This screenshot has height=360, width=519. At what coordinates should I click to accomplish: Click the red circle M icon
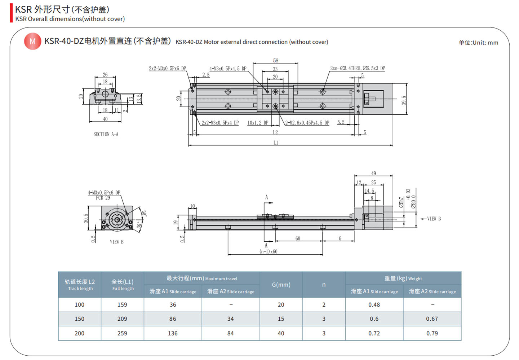[32, 41]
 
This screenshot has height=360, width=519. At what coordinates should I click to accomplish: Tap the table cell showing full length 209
[122, 319]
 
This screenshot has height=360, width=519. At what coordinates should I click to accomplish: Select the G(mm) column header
[281, 285]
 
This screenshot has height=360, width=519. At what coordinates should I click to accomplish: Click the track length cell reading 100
[79, 305]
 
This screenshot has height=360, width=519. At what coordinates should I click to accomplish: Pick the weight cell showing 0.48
[374, 305]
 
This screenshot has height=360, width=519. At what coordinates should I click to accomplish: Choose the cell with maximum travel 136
[173, 333]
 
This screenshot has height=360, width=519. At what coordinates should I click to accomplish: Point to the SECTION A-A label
[106, 134]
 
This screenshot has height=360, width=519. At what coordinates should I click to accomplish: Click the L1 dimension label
[276, 143]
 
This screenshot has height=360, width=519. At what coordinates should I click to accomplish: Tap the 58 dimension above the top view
[276, 60]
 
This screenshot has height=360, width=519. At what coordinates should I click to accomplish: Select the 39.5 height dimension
[404, 100]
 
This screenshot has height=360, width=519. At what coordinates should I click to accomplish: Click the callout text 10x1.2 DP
[258, 123]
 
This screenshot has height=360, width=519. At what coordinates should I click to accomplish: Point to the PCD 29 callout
[103, 198]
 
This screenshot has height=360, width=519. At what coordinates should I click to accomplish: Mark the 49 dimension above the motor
[373, 174]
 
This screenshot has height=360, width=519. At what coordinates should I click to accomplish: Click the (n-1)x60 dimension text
[269, 251]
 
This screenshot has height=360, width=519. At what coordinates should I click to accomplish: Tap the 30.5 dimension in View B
[86, 218]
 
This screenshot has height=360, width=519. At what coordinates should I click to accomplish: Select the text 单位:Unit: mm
[478, 43]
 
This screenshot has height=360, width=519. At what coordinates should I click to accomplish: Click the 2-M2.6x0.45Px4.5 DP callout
[307, 123]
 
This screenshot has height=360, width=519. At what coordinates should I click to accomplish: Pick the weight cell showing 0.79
[432, 333]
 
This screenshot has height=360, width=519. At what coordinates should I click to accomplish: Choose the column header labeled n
[324, 285]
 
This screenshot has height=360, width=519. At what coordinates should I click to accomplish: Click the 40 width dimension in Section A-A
[105, 119]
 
